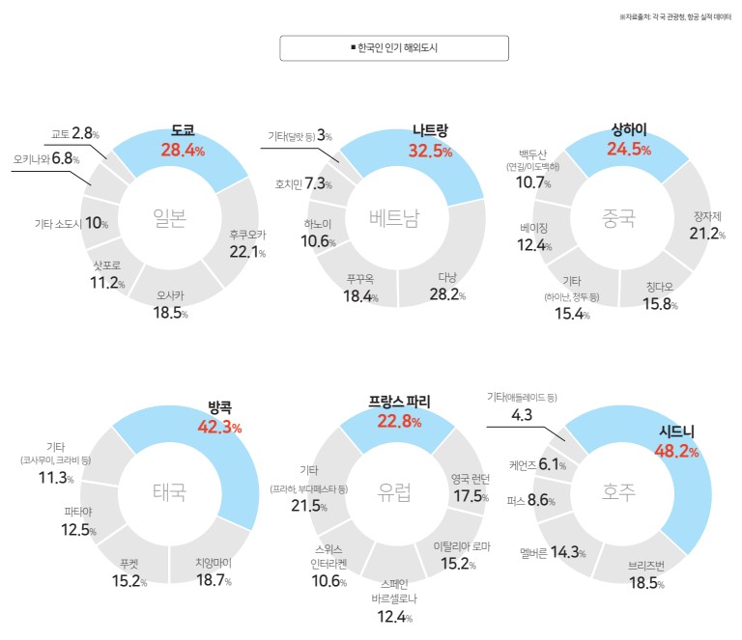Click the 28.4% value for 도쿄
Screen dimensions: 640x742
183,150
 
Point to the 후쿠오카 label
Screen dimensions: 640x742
246,235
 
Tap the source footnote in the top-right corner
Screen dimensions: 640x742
674,17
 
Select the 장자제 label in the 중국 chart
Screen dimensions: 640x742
708,216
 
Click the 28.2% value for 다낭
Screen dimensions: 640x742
445,294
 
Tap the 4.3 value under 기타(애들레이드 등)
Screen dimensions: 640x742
522,415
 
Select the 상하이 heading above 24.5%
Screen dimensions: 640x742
629,130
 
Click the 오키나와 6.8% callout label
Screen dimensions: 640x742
46,158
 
